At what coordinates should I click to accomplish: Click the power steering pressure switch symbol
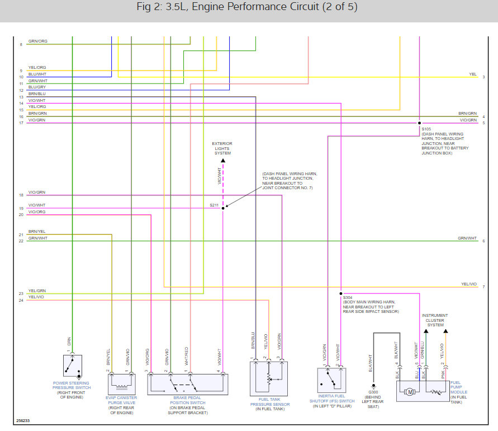tap(73, 366)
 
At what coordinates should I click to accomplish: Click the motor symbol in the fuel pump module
tap(410, 392)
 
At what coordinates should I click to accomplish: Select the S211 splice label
tap(214, 205)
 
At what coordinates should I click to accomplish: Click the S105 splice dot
tap(419, 123)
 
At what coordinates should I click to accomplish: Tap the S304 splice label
tap(348, 297)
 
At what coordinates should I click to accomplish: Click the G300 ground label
tap(373, 392)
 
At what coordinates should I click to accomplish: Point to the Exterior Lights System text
tap(222, 148)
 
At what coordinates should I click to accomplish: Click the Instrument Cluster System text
tap(435, 320)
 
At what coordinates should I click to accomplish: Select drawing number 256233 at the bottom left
tap(23, 421)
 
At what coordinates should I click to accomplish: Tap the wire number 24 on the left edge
tap(21, 300)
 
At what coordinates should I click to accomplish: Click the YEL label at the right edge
tap(473, 74)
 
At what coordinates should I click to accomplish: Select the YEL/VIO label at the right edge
tap(469, 284)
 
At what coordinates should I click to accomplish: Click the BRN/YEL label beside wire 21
tap(37, 231)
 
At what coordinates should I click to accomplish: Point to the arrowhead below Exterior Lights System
tap(223, 161)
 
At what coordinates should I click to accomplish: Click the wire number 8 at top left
tap(21, 44)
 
